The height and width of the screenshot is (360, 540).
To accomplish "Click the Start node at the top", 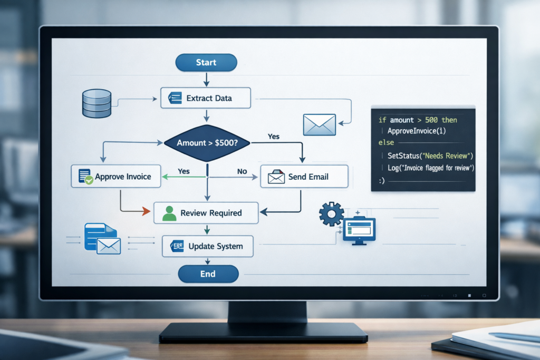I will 206,62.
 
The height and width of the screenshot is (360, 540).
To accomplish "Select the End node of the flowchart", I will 208,274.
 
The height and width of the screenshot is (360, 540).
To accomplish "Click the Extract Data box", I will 206,98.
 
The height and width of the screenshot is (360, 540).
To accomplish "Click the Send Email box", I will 304,177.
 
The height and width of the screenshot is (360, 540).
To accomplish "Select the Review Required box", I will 206,213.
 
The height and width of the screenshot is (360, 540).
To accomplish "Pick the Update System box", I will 207,246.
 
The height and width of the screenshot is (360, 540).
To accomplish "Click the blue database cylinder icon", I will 97,103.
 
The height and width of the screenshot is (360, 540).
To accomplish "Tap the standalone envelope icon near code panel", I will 319,124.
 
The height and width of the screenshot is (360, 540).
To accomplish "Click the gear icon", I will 331,213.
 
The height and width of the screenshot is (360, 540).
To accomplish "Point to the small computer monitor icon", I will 359,230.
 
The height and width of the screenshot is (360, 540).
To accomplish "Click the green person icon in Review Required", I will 169,213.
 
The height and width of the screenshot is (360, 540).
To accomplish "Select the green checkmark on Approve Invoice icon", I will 89,180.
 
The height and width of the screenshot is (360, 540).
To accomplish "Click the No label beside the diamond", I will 242,171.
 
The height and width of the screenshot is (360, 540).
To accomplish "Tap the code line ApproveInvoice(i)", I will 417,131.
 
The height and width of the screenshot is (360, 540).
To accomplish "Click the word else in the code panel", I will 386,142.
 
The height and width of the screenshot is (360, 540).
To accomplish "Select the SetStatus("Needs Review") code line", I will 430,156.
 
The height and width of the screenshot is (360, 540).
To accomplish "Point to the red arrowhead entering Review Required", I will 146,211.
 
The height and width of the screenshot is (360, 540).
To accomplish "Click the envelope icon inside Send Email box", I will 276,177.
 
